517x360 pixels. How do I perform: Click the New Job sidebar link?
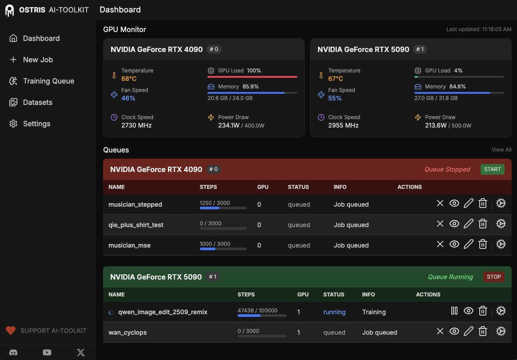(x=38, y=60)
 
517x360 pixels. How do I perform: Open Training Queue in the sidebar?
(x=48, y=81)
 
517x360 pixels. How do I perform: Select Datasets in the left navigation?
(x=37, y=102)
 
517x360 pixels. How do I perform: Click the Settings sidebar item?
(x=36, y=124)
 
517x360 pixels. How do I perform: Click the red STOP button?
(x=493, y=276)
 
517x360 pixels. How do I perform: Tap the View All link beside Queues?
(x=501, y=150)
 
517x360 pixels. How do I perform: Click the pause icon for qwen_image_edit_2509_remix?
(x=454, y=311)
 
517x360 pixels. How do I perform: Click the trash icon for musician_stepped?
(x=483, y=204)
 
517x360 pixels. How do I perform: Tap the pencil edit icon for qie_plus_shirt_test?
(x=468, y=224)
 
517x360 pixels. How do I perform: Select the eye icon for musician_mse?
(x=454, y=244)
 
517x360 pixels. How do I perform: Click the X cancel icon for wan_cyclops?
(x=440, y=331)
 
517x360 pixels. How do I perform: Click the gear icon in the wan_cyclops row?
(x=501, y=331)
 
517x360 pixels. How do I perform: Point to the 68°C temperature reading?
(x=129, y=79)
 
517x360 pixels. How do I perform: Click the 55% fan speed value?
(x=335, y=98)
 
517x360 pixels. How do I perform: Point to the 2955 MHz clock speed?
(x=343, y=125)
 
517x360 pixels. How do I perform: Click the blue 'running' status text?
(x=334, y=312)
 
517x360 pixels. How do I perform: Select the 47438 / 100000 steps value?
(x=258, y=310)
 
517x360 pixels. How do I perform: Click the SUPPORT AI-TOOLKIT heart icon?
(x=11, y=330)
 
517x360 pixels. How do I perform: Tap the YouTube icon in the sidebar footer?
(x=47, y=352)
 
